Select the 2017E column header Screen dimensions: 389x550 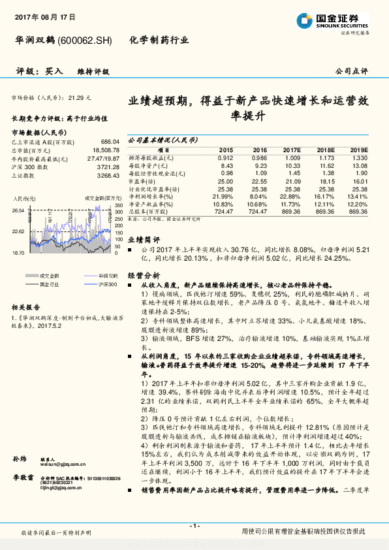[291, 150]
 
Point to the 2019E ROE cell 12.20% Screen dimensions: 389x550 [358, 204]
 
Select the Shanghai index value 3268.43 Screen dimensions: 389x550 [108, 175]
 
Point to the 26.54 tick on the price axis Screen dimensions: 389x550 [18, 210]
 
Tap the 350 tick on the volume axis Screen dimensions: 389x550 [119, 206]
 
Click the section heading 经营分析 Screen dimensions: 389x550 [144, 275]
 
